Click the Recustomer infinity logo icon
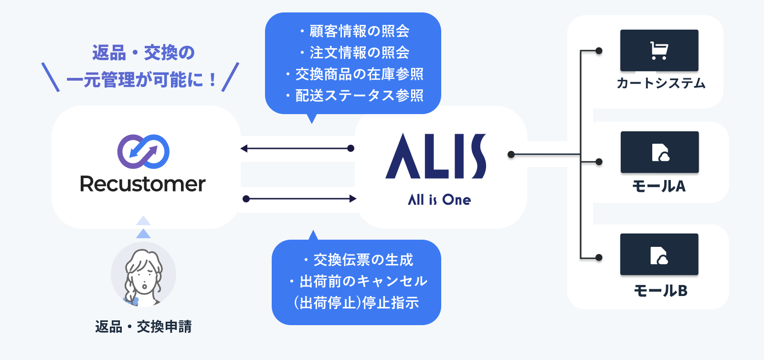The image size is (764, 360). (143, 151)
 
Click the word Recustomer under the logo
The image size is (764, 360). (143, 184)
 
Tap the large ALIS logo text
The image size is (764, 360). (435, 156)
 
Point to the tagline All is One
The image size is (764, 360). (439, 200)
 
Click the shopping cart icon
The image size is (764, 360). (659, 51)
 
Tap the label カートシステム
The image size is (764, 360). (661, 84)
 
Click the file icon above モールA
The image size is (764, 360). (660, 153)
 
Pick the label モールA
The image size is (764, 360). (659, 186)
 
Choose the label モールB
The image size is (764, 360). (660, 290)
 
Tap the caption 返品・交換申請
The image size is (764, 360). (143, 327)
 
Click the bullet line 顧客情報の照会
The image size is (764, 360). (354, 31)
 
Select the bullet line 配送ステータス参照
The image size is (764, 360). (354, 95)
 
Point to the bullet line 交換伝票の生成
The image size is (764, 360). (358, 260)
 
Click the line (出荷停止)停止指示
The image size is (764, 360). (356, 303)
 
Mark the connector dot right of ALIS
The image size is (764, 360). (511, 154)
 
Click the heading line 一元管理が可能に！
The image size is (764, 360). (141, 80)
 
